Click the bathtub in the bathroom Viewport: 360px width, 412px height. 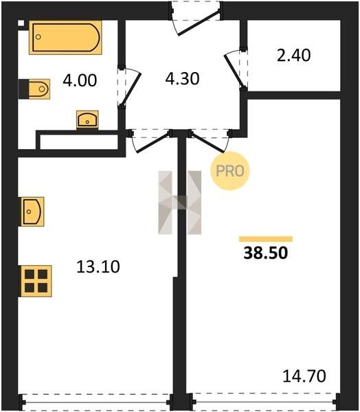(x=65, y=37)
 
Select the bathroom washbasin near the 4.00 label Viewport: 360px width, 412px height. (x=87, y=119)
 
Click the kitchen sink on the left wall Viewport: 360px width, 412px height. (x=32, y=211)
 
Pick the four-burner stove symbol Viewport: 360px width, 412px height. (x=35, y=281)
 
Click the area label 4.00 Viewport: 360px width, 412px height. (x=80, y=80)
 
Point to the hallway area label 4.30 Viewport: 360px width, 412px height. (x=182, y=78)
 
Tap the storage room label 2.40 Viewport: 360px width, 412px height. (x=294, y=56)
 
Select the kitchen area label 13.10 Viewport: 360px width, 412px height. (x=98, y=266)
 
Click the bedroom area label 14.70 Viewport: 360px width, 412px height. (x=304, y=376)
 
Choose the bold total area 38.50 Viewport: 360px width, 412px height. (x=266, y=253)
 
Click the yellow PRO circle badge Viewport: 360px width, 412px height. (x=229, y=171)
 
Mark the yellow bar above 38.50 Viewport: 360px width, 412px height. (x=266, y=239)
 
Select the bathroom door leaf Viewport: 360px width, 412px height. (x=131, y=89)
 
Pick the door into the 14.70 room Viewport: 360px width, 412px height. (x=207, y=142)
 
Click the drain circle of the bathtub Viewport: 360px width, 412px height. (x=38, y=37)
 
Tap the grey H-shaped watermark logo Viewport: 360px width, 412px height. (x=180, y=203)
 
